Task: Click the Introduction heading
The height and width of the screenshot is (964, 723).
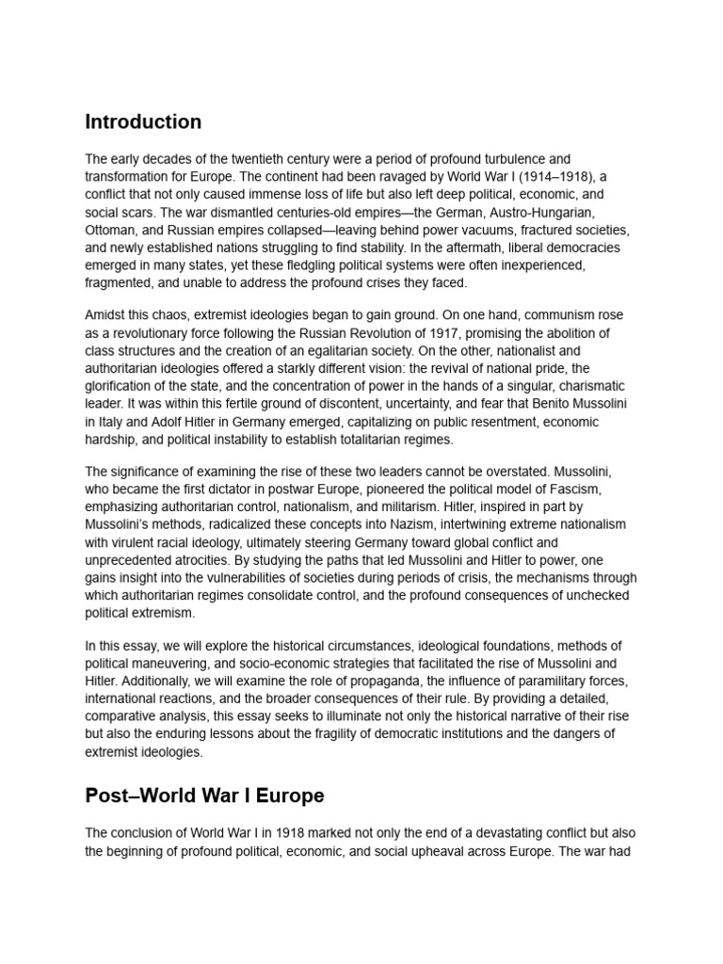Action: [x=143, y=122]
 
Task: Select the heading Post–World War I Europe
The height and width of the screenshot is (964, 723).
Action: [x=204, y=795]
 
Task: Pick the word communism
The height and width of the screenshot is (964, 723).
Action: [x=555, y=315]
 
